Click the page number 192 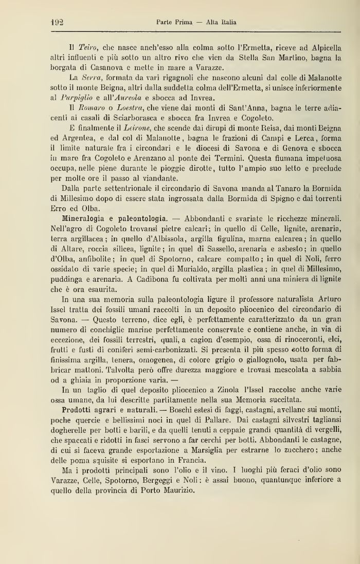point(57,22)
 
